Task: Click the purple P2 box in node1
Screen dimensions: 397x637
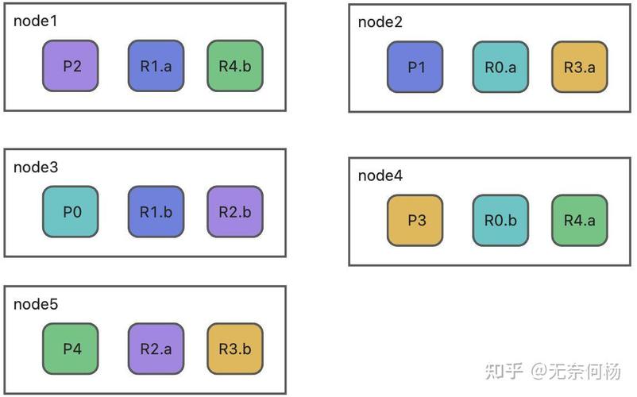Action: pyautogui.click(x=71, y=66)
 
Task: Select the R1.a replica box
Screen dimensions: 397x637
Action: pyautogui.click(x=156, y=66)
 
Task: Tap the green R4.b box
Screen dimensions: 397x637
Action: pyautogui.click(x=234, y=66)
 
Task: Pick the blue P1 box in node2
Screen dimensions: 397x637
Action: pyautogui.click(x=415, y=67)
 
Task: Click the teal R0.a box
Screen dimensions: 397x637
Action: pyautogui.click(x=500, y=67)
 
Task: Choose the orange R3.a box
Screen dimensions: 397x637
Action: pyautogui.click(x=579, y=67)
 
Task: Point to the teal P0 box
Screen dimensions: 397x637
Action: pyautogui.click(x=71, y=212)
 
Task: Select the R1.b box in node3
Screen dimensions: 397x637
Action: pyautogui.click(x=156, y=212)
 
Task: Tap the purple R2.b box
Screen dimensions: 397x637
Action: pyautogui.click(x=234, y=212)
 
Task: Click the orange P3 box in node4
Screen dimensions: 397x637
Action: pyautogui.click(x=415, y=221)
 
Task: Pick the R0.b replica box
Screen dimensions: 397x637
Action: pyautogui.click(x=500, y=221)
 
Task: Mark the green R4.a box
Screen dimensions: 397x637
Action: pyautogui.click(x=579, y=221)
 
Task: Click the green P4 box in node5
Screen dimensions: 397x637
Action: pyautogui.click(x=71, y=349)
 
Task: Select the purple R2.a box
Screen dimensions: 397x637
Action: pyautogui.click(x=156, y=349)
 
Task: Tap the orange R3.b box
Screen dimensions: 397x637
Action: pyautogui.click(x=234, y=349)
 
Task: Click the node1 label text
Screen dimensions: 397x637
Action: pyautogui.click(x=36, y=21)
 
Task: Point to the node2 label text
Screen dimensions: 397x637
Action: pyautogui.click(x=380, y=22)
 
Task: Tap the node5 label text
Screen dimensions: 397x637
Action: pyautogui.click(x=36, y=304)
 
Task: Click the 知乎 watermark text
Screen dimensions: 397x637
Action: pyautogui.click(x=504, y=371)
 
